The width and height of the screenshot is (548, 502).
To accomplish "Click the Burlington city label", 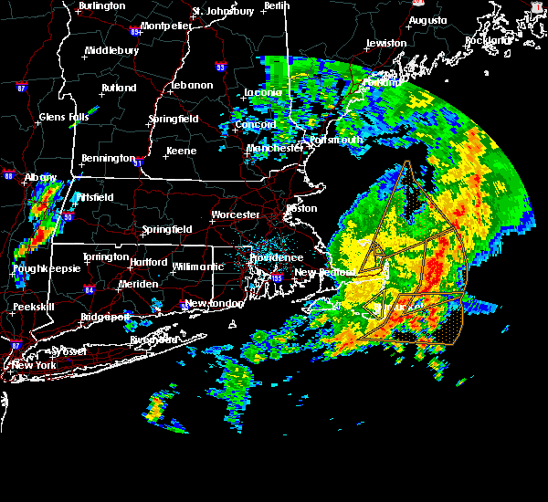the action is tap(101, 5).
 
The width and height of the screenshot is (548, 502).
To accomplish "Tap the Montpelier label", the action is tap(165, 26).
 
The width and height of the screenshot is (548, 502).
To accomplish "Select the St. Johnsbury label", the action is tap(223, 12).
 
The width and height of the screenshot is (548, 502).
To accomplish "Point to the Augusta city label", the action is tap(427, 19).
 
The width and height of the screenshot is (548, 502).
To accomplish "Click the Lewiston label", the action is tap(385, 43).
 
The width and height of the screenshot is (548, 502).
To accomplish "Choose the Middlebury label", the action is tap(111, 51).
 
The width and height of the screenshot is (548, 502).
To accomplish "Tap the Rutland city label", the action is tap(119, 88).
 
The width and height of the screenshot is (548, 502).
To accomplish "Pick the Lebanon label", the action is tap(192, 85).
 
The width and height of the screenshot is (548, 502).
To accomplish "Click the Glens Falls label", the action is tap(64, 117).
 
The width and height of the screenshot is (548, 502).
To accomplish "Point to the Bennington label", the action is tap(108, 158).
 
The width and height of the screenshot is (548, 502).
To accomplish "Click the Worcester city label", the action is tap(236, 214).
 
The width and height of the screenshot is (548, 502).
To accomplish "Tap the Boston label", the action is tap(301, 208).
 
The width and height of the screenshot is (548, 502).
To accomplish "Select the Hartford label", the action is tap(149, 261).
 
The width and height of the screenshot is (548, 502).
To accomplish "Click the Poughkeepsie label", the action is tap(43, 269).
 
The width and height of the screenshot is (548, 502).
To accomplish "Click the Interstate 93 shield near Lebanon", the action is tap(220, 66).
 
